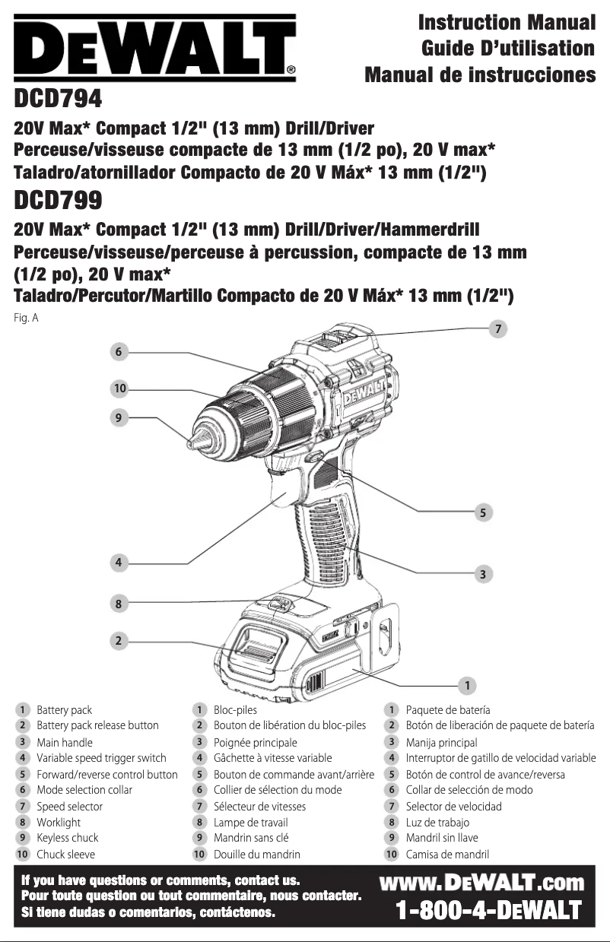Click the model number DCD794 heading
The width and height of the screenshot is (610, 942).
[x=58, y=99]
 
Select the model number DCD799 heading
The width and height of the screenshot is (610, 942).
[x=58, y=201]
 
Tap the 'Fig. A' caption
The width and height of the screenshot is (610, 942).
[x=26, y=319]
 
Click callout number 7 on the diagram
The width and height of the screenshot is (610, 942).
[x=497, y=328]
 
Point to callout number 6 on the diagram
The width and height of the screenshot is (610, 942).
[x=118, y=352]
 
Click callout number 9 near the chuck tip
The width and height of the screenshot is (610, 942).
[x=118, y=417]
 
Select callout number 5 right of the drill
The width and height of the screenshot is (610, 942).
[x=481, y=512]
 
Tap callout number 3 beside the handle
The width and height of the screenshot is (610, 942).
[x=481, y=573]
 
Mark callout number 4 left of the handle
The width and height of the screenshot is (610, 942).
[x=118, y=563]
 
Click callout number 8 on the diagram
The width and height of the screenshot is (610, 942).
[x=118, y=604]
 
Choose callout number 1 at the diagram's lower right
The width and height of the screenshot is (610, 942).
[x=466, y=682]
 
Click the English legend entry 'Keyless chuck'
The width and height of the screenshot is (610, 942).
[x=68, y=838]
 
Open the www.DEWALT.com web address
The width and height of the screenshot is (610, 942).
[x=481, y=883]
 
